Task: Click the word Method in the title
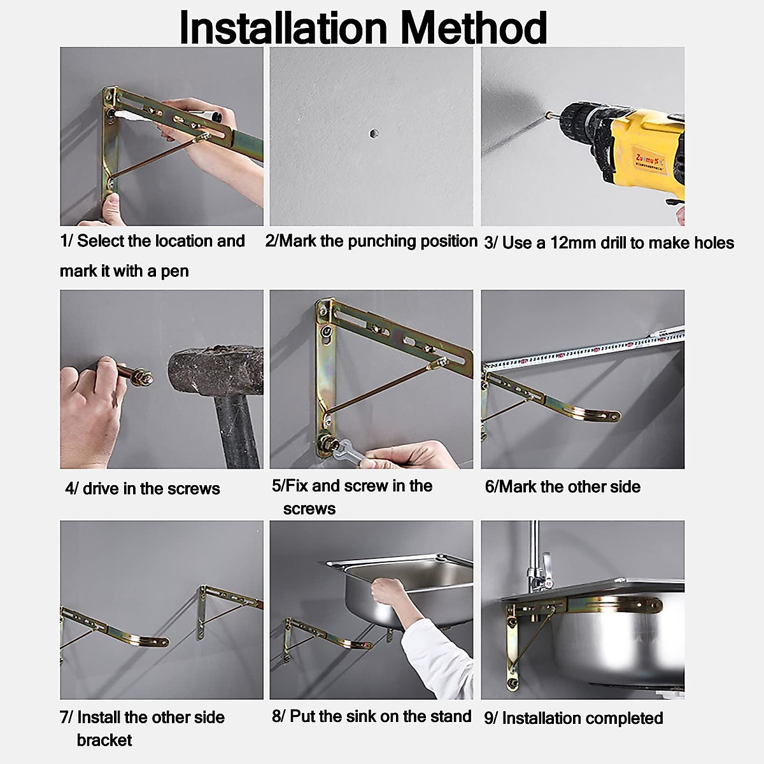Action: pos(474,28)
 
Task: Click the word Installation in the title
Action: pos(283,28)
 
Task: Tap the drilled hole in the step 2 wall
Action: pos(373,133)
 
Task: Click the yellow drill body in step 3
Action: pos(646,151)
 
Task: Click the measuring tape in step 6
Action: pos(583,348)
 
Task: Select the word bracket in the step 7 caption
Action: pos(104,740)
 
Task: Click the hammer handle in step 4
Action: pos(238,430)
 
